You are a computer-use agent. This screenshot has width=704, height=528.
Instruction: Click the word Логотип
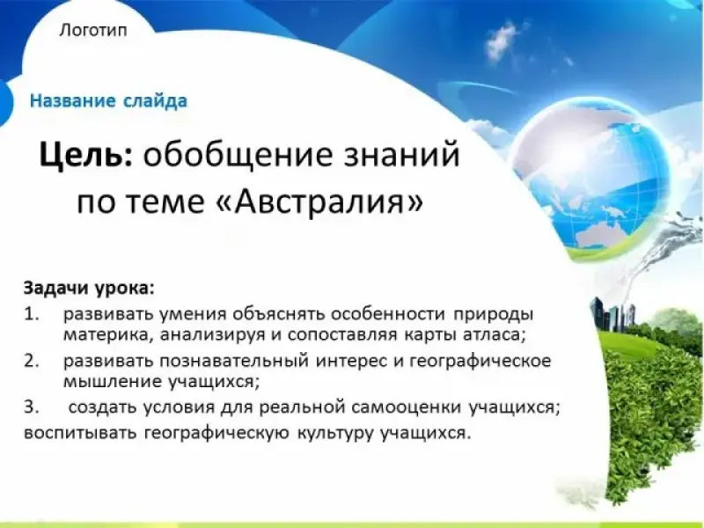click(x=93, y=31)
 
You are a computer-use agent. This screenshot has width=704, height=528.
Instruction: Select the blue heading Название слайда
click(x=108, y=100)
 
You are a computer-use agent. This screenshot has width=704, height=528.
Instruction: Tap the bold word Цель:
click(x=85, y=155)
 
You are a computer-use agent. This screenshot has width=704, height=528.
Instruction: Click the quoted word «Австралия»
click(x=323, y=202)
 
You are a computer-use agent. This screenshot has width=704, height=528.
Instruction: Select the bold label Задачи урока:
click(x=89, y=288)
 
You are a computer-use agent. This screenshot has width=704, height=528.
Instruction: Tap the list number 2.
click(x=32, y=361)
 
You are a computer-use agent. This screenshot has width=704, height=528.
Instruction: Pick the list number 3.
click(x=32, y=407)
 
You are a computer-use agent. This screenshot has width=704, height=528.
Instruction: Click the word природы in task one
click(x=493, y=315)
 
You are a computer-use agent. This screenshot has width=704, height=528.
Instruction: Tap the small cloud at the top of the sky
click(x=502, y=41)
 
